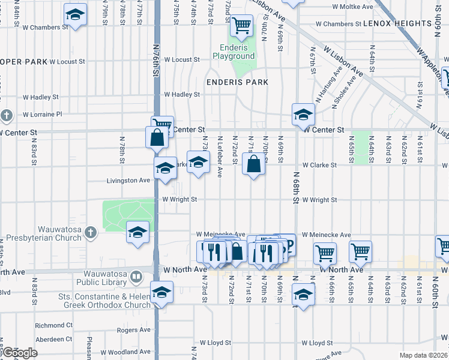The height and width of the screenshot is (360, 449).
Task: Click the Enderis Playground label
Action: pyautogui.click(x=234, y=52)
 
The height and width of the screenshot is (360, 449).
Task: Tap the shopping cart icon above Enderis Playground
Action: pyautogui.click(x=241, y=25)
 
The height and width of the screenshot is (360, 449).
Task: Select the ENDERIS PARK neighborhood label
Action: pyautogui.click(x=237, y=82)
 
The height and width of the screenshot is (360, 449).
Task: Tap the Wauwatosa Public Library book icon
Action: pyautogui.click(x=137, y=277)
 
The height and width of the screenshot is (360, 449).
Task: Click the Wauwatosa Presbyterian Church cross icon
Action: pyautogui.click(x=91, y=232)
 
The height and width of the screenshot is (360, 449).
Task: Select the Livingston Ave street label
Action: pyautogui.click(x=128, y=180)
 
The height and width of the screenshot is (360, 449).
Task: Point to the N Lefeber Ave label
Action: pyautogui.click(x=220, y=161)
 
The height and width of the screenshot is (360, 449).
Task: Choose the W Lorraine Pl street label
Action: pyautogui.click(x=51, y=114)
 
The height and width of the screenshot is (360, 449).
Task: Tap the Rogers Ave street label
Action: pyautogui.click(x=133, y=329)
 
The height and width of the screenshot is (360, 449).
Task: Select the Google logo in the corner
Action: pyautogui.click(x=19, y=353)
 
